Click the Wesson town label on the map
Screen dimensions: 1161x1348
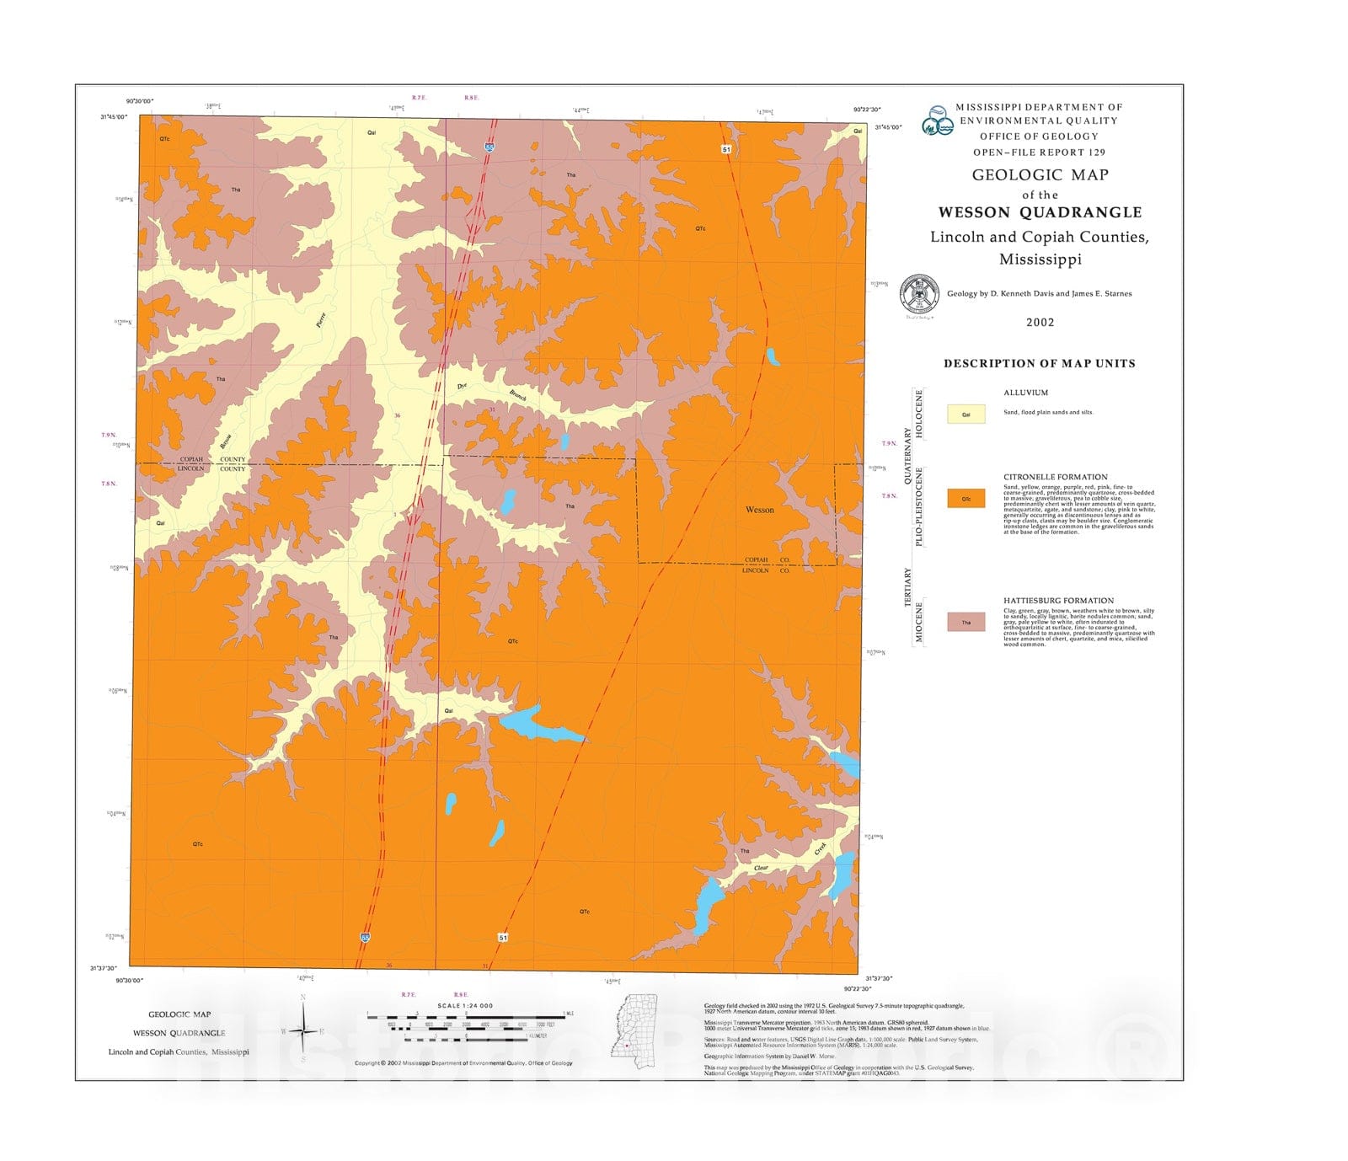pos(759,510)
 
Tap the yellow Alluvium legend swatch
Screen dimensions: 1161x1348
pos(966,414)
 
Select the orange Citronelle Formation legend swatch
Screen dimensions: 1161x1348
pos(966,498)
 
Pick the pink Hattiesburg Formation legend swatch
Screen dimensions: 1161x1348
pos(966,622)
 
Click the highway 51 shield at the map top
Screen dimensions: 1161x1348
pos(725,149)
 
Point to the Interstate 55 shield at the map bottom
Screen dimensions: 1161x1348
pos(365,936)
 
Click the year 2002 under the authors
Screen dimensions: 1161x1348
pos(1040,322)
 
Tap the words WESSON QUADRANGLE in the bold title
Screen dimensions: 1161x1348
pos(1040,212)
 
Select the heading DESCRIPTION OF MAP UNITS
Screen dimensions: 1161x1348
pos(1039,363)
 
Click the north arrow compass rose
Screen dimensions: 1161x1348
pos(303,1030)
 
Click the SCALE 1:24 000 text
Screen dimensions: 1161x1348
pos(465,1005)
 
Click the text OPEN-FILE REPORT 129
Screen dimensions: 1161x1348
pos(1039,152)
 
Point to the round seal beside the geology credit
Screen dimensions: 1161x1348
pos(918,294)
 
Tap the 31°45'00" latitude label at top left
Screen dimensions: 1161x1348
pos(113,117)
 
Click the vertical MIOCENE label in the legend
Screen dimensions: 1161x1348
pos(919,622)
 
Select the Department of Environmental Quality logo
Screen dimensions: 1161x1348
pos(937,120)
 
